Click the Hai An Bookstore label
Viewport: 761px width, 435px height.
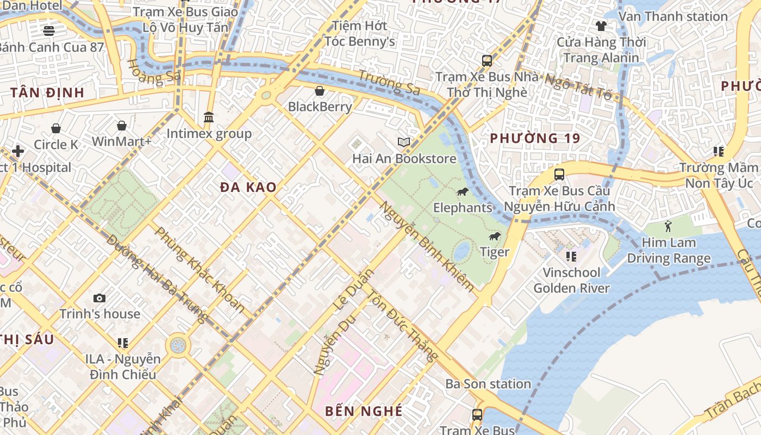[404, 159]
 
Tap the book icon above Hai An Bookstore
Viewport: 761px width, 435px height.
[403, 142]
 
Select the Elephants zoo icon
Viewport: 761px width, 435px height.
[463, 191]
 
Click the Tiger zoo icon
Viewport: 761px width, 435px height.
[495, 236]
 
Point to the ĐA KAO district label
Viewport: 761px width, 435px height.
[248, 187]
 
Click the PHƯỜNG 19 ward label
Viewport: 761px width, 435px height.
[535, 138]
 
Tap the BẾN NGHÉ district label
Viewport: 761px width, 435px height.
[364, 411]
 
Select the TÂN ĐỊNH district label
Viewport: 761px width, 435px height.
[47, 92]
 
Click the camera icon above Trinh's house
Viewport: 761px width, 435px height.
[99, 298]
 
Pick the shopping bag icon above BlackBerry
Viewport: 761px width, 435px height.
[320, 91]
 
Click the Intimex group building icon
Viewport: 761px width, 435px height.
[209, 117]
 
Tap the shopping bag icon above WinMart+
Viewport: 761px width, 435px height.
[122, 126]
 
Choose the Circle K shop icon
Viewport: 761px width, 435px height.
[56, 128]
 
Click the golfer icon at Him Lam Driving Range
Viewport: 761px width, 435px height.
[668, 226]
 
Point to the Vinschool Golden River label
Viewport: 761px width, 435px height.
[572, 280]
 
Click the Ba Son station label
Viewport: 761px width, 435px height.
[488, 384]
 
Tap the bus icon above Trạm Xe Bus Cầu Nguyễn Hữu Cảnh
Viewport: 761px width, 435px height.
[559, 175]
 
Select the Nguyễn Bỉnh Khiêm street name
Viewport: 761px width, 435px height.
[426, 246]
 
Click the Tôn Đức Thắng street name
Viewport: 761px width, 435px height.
[402, 325]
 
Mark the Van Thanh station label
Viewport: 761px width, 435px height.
[673, 16]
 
